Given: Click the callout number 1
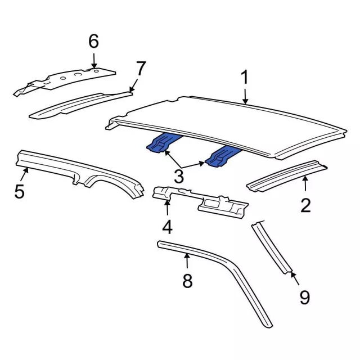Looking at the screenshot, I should (x=245, y=79).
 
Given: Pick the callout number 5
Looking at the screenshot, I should (x=19, y=191).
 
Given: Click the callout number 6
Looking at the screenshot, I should (x=93, y=41).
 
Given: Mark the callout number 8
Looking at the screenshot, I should (x=187, y=280).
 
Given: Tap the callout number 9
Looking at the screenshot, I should (x=304, y=296).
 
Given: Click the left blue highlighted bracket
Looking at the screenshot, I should (x=162, y=143).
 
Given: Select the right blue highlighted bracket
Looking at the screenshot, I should (x=222, y=156).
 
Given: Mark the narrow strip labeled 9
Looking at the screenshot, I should (x=273, y=247).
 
